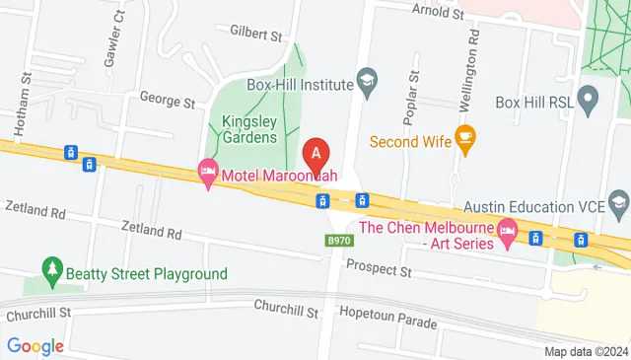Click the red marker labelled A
(x=315, y=154)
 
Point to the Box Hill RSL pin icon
(x=589, y=101)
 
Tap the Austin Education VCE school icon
(x=619, y=206)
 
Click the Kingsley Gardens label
(x=243, y=129)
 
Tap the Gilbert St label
(x=255, y=34)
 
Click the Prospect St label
(x=378, y=269)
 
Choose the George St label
(x=167, y=100)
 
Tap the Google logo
(x=35, y=346)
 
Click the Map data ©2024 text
(x=586, y=351)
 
